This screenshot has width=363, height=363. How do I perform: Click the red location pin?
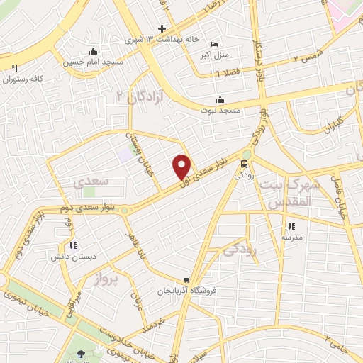pos(182,167)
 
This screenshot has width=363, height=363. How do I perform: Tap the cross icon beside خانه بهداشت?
pos(162,28)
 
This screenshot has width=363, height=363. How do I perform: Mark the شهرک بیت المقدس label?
pos(291,194)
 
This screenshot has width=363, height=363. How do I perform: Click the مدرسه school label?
pos(290,237)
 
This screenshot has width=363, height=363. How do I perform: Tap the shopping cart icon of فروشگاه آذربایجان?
pos(186,280)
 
